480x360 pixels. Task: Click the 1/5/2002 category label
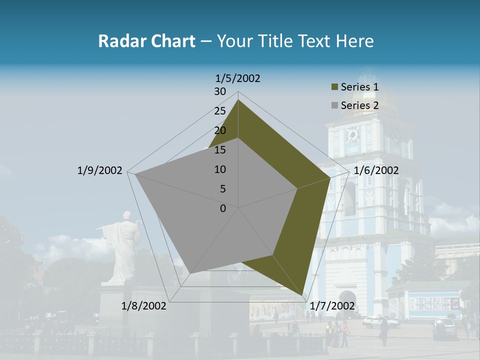click(x=238, y=78)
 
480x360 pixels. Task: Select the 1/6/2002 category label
click(x=376, y=170)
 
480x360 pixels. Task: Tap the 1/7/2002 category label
click(x=332, y=306)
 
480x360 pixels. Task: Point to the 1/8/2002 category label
click(x=144, y=306)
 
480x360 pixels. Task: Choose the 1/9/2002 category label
click(x=99, y=170)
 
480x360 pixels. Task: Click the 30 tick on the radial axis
click(x=220, y=91)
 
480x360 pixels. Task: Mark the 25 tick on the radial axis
click(x=220, y=111)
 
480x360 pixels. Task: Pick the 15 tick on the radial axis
click(x=220, y=150)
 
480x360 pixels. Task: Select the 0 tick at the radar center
click(x=223, y=208)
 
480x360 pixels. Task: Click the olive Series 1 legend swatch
click(x=334, y=87)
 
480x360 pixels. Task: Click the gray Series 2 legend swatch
click(x=334, y=105)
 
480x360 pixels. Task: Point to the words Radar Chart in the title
click(x=146, y=41)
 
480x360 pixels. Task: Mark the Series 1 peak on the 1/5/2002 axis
click(x=238, y=100)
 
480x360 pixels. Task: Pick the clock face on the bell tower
click(x=352, y=135)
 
